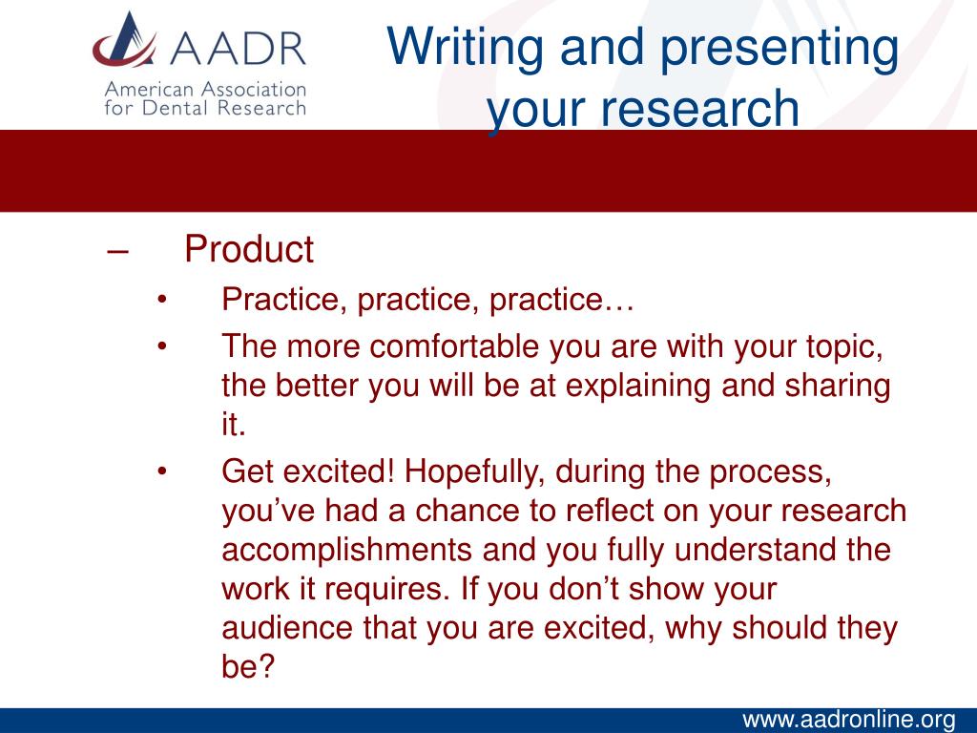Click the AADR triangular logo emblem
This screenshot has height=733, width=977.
pos(125,40)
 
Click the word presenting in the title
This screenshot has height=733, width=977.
pos(780,50)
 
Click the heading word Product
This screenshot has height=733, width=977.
pos(249,249)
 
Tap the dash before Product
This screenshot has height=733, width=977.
pos(117,252)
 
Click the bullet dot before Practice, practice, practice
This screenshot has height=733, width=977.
pos(162,300)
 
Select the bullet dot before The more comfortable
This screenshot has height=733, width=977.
pos(162,346)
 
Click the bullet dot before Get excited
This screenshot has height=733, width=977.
pos(162,471)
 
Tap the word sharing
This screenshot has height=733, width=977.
pos(838,387)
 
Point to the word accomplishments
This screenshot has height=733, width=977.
pos(346,551)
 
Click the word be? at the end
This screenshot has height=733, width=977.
pos(248,666)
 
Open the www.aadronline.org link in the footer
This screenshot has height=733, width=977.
pos(848,720)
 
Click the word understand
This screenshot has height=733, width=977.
pos(756,550)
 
